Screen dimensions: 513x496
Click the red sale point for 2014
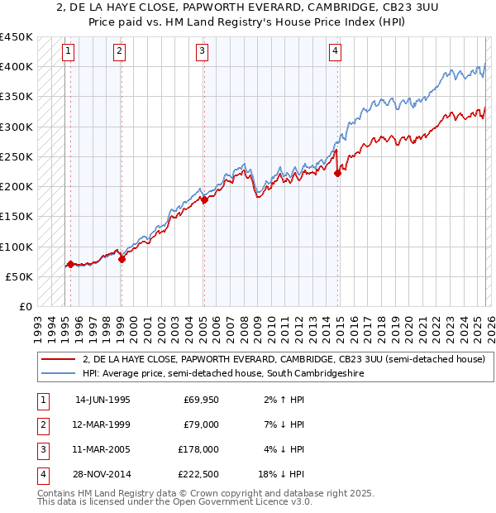pos(337,173)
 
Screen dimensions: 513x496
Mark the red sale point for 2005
pos(204,199)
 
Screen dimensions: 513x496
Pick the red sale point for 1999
pos(122,259)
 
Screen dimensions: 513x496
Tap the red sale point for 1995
pos(70,265)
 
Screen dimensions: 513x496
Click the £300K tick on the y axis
pos(17,127)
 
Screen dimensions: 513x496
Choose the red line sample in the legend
pos(59,360)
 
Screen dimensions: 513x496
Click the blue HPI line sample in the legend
pos(59,374)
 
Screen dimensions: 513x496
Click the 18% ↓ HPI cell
pos(282,474)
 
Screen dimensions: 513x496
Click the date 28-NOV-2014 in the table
pos(103,474)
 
